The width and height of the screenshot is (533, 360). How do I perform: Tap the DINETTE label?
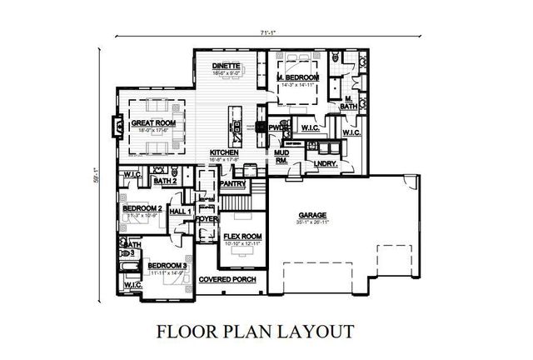pyautogui.click(x=226, y=65)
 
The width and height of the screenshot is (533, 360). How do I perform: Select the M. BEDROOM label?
pyautogui.click(x=298, y=77)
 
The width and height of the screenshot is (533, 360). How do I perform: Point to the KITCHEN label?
pyautogui.click(x=225, y=152)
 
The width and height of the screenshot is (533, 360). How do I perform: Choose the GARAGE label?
pyautogui.click(x=313, y=216)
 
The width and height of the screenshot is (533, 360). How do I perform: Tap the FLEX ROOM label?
pyautogui.click(x=243, y=237)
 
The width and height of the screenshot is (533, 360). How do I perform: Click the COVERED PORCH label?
pyautogui.click(x=227, y=279)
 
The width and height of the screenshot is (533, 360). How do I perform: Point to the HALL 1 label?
pyautogui.click(x=181, y=212)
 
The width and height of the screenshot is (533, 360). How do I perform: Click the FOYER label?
pyautogui.click(x=206, y=219)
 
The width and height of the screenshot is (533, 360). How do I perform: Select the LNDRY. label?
pyautogui.click(x=326, y=163)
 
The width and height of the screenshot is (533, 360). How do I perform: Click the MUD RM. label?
pyautogui.click(x=281, y=158)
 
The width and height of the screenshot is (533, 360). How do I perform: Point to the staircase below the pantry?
pyautogui.click(x=239, y=202)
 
